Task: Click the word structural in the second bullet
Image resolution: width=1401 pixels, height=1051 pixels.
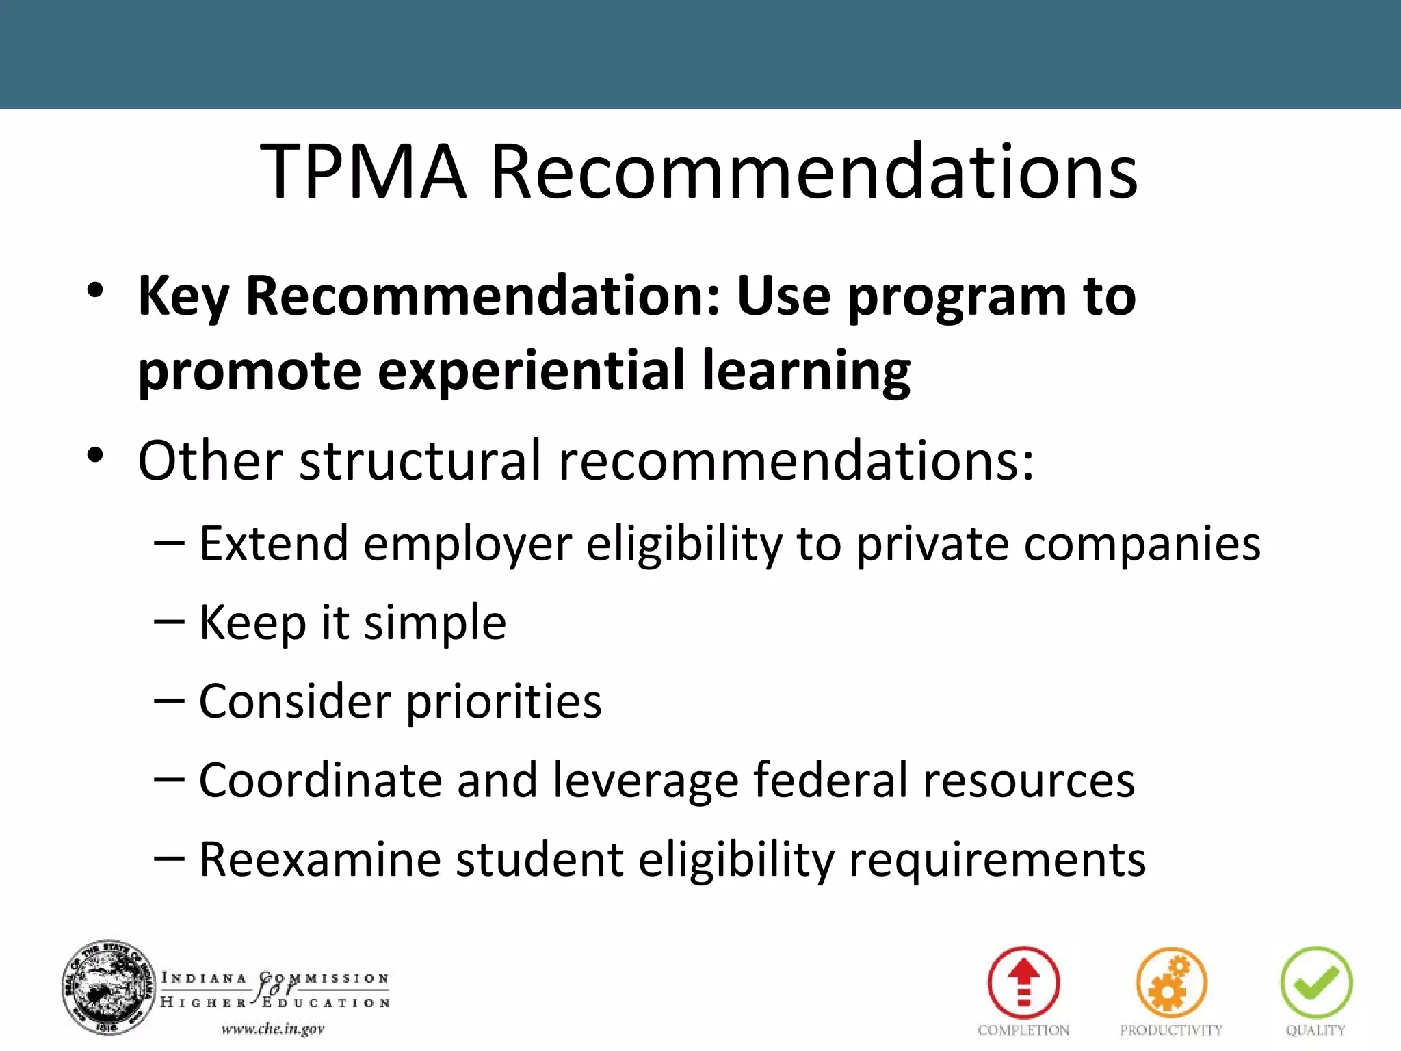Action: point(421,460)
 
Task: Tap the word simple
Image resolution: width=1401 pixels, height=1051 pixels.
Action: point(435,623)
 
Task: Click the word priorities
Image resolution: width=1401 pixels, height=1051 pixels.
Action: point(503,702)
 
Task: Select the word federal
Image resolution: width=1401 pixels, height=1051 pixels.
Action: point(830,781)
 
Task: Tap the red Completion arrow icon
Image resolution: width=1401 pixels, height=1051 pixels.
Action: point(1023,983)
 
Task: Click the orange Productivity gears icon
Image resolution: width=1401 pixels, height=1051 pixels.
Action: point(1171,983)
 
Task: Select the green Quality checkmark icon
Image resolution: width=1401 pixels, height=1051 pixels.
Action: point(1316,983)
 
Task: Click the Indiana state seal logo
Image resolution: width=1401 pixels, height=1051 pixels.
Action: point(107,987)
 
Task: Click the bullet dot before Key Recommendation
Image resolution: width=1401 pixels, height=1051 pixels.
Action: point(95,291)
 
